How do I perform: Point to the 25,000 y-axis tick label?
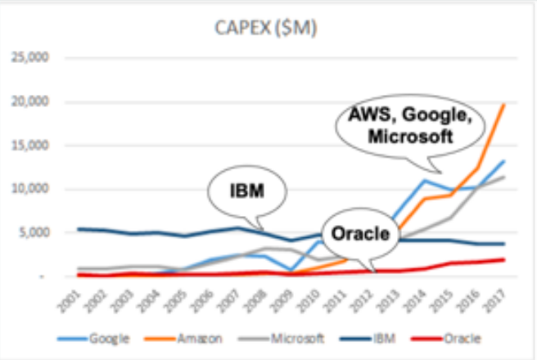(30, 58)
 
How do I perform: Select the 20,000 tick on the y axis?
(30, 102)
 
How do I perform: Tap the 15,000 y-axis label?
(30, 146)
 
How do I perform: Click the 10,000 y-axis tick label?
(30, 189)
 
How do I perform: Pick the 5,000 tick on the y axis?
(34, 232)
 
